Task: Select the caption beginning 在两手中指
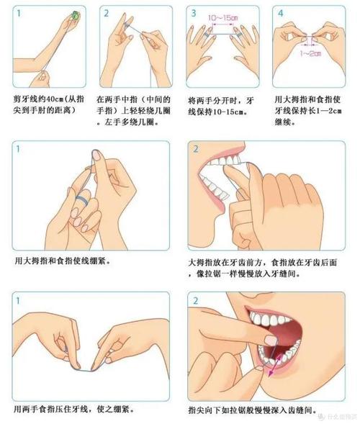[x=130, y=110]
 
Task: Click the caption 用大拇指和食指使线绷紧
[x=63, y=260]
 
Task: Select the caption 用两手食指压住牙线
[x=75, y=409]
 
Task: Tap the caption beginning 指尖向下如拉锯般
[x=252, y=409]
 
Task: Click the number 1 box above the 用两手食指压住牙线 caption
[x=18, y=299]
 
